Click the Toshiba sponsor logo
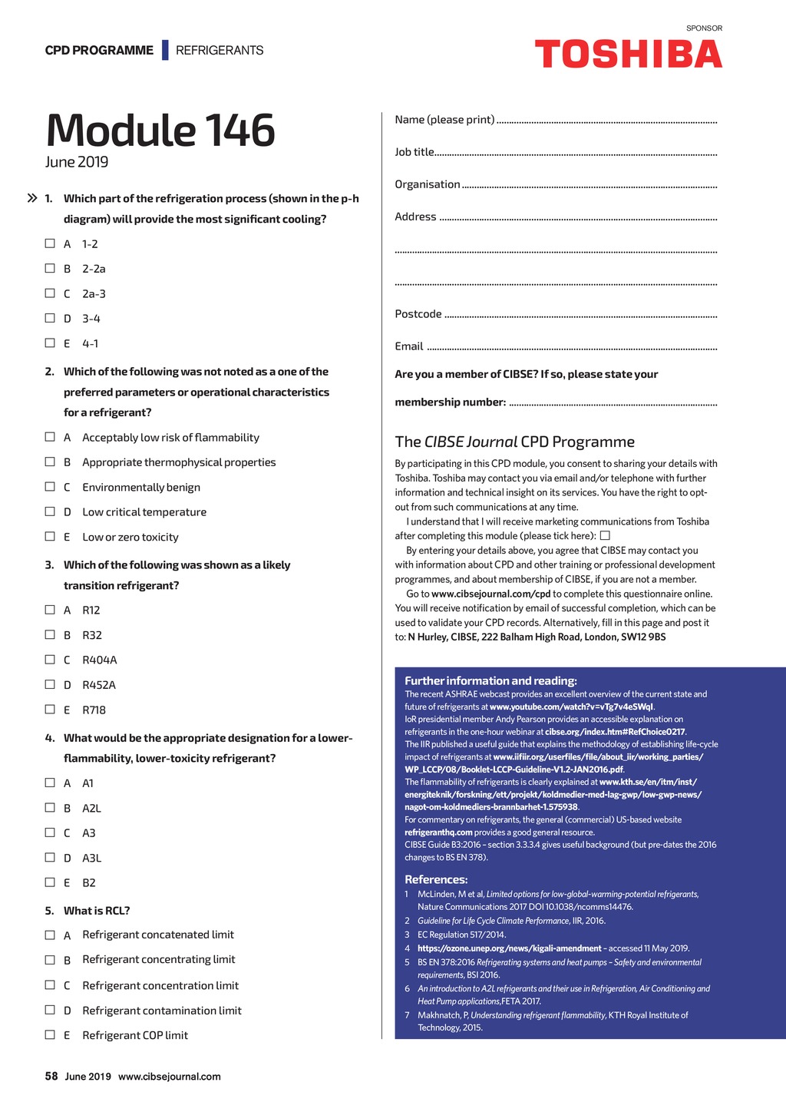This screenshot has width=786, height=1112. [x=628, y=55]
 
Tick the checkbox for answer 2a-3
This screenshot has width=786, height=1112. [x=50, y=293]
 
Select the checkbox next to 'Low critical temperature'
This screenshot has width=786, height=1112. [x=50, y=511]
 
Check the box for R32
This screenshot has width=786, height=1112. [x=50, y=634]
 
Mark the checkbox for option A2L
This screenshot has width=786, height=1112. [x=50, y=808]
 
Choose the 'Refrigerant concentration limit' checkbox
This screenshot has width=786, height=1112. [x=50, y=985]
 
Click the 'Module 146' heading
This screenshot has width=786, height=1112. [x=160, y=130]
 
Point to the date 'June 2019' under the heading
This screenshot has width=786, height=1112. [x=77, y=162]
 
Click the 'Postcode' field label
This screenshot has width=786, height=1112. [x=418, y=314]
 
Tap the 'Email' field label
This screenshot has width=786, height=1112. [x=409, y=346]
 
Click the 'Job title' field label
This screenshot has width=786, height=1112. [x=414, y=152]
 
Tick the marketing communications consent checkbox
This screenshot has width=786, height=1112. [x=605, y=535]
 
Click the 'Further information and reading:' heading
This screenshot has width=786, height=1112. [x=490, y=680]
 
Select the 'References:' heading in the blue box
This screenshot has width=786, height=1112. [x=436, y=879]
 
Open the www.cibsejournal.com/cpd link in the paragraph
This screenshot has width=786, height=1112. [x=490, y=594]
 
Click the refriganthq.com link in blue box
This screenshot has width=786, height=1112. [x=438, y=832]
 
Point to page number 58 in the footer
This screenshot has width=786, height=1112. [x=51, y=1076]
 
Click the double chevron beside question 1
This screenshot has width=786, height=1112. [x=32, y=198]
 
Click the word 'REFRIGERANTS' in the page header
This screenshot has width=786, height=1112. [x=220, y=51]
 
